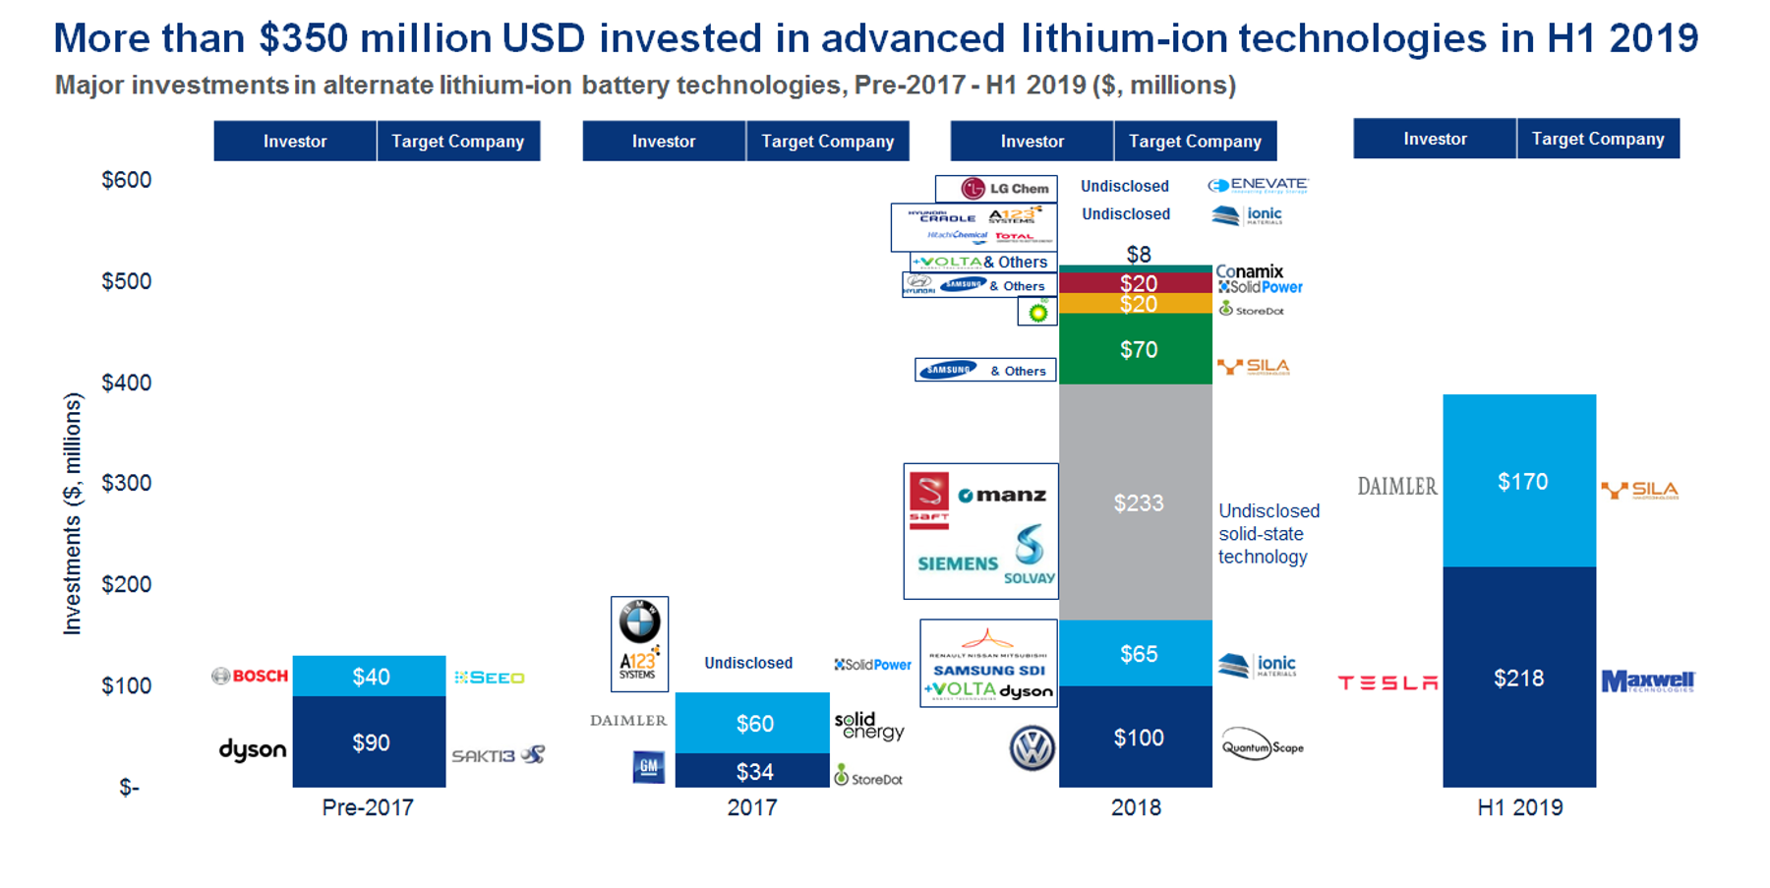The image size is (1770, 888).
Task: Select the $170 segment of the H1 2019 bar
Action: [1519, 481]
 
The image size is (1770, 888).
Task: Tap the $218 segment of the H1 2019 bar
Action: [1519, 678]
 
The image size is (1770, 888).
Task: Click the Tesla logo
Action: [1387, 682]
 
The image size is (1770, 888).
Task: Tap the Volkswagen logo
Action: [1032, 748]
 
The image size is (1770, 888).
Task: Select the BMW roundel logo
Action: [639, 622]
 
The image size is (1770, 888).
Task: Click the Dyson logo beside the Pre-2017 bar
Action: [253, 750]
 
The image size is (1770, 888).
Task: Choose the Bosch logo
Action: [250, 677]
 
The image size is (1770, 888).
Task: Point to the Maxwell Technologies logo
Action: [1648, 681]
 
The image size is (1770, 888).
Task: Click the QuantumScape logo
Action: [1263, 747]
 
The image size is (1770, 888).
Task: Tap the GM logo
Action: [648, 767]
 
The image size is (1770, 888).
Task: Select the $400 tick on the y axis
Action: [127, 383]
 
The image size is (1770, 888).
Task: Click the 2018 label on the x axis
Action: [1136, 807]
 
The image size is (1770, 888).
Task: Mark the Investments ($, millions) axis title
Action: [73, 513]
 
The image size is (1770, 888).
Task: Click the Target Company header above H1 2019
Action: [1598, 139]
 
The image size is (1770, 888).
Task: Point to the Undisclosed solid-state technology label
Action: [1268, 534]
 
